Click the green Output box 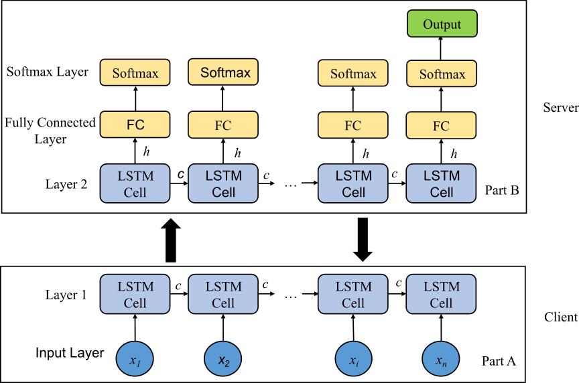(x=442, y=23)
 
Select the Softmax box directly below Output (x=442, y=74)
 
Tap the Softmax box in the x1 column (x=135, y=72)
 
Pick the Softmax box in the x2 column (x=223, y=72)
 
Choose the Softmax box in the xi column (x=352, y=73)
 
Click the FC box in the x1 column (x=135, y=125)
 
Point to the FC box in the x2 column (x=223, y=125)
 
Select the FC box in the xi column (x=352, y=125)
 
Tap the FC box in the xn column (x=441, y=125)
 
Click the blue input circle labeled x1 (x=135, y=360)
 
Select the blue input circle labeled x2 (x=223, y=360)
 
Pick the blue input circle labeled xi (x=353, y=360)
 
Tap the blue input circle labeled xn (x=441, y=360)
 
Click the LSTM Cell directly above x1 (x=135, y=294)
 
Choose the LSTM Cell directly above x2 (x=223, y=294)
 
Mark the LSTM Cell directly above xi (x=352, y=294)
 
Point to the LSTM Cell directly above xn (x=441, y=294)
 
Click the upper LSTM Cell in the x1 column (x=135, y=183)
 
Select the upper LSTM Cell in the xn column (x=441, y=183)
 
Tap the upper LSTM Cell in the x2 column (x=223, y=183)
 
